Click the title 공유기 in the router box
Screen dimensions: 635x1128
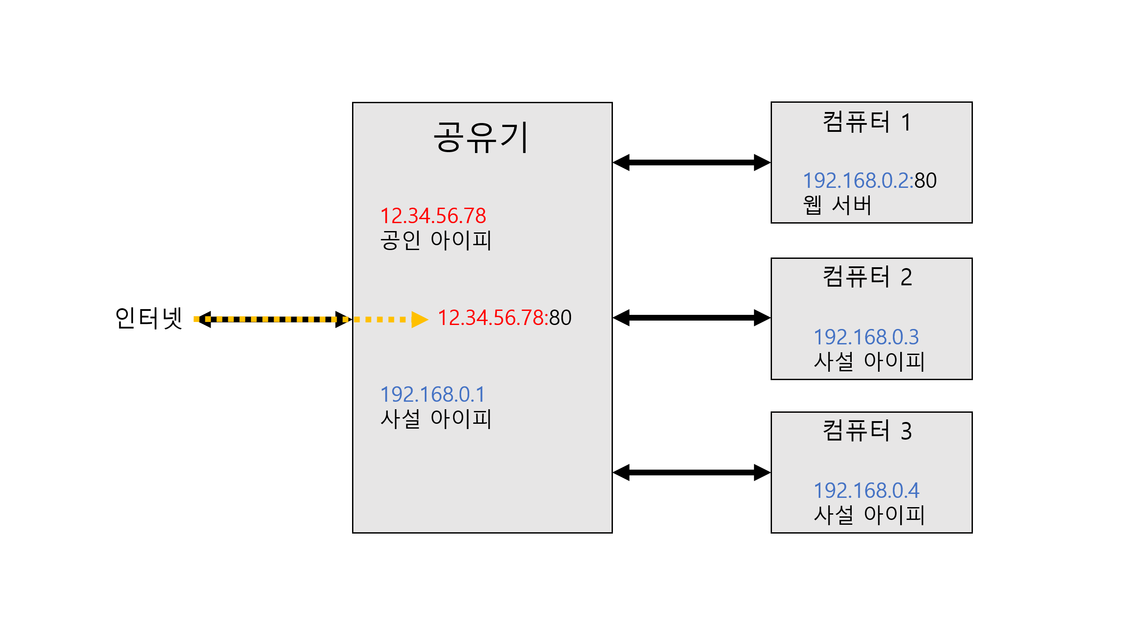click(x=481, y=138)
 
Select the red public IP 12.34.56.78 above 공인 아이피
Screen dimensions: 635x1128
click(x=433, y=216)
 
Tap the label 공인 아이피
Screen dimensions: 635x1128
click(x=435, y=241)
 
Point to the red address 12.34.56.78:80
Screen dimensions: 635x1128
click(x=505, y=318)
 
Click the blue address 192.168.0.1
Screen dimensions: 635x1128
click(x=432, y=394)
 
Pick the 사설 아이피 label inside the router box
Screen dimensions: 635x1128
click(x=435, y=419)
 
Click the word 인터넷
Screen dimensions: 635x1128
click(x=148, y=318)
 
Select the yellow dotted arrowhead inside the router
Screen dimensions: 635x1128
click(x=419, y=319)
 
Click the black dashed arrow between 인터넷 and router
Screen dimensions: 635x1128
click(x=273, y=319)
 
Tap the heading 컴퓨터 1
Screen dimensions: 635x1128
click(x=867, y=122)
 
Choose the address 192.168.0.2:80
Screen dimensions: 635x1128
click(x=869, y=180)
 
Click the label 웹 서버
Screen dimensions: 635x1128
click(x=837, y=205)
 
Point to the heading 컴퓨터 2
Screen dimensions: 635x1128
click(x=867, y=277)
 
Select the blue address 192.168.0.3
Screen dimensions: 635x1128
click(x=866, y=337)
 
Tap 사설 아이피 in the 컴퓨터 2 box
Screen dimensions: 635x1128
click(x=869, y=362)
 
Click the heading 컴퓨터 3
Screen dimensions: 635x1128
click(x=867, y=431)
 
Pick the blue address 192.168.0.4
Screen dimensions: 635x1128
click(x=866, y=490)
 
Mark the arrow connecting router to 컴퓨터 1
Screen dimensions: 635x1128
click(x=691, y=162)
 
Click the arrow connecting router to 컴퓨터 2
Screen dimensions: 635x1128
click(x=691, y=317)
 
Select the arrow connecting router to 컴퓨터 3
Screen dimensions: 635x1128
click(x=691, y=472)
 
